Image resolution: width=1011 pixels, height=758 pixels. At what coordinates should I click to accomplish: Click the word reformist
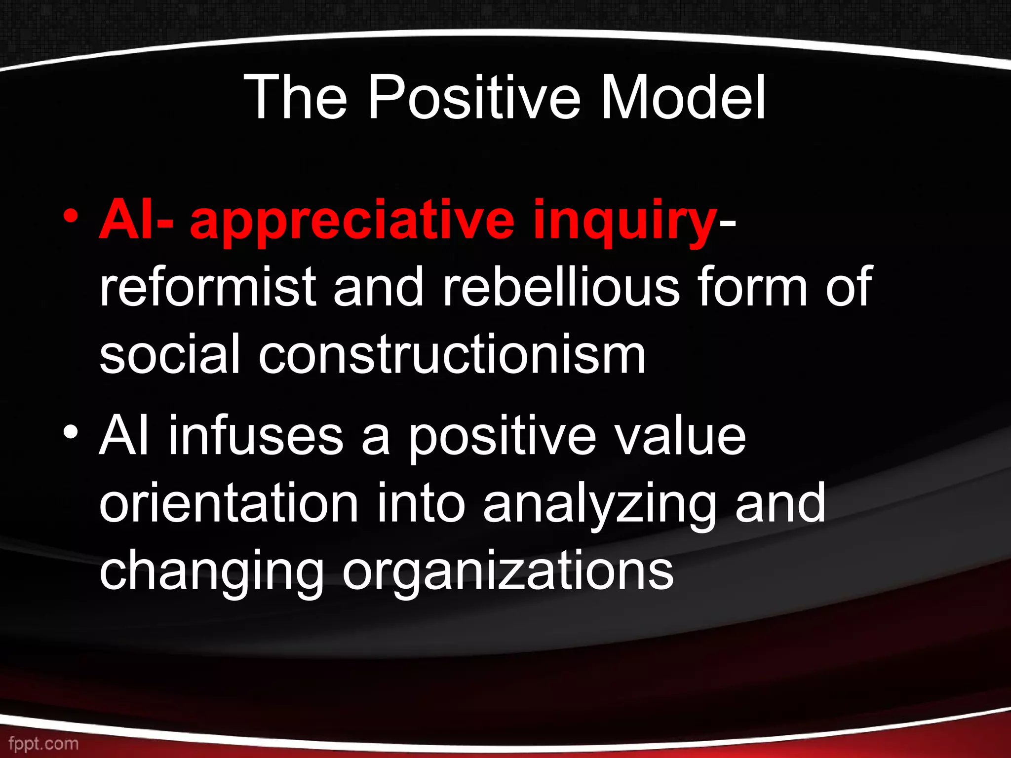pos(207,287)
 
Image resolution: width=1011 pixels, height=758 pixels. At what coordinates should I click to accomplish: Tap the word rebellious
pos(561,287)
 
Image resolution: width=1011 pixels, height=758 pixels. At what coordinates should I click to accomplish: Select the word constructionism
pos(452,354)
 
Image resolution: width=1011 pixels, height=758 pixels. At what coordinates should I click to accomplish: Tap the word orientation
pos(229,503)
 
